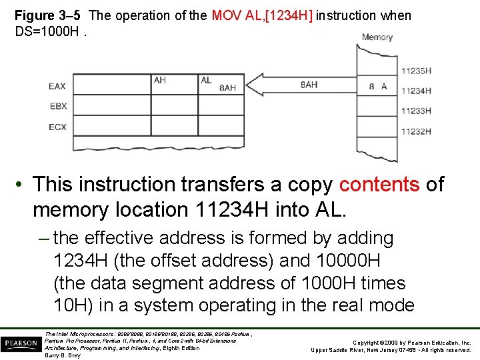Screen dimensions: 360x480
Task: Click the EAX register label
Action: [x=57, y=87]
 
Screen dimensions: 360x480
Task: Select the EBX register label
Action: [x=57, y=107]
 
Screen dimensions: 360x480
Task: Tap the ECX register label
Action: [x=57, y=127]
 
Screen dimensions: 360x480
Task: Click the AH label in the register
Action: [x=160, y=80]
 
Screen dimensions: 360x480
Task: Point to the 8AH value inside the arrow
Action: [x=309, y=85]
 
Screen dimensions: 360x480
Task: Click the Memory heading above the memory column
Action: [x=377, y=37]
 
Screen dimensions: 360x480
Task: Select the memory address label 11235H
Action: [x=415, y=71]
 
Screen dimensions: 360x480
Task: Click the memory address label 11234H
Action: [x=415, y=91]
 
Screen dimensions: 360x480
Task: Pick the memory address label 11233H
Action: [x=415, y=111]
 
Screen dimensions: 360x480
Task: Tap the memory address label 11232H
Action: [x=415, y=131]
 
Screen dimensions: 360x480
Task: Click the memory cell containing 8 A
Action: [x=378, y=87]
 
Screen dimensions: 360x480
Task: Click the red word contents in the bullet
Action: [x=380, y=184]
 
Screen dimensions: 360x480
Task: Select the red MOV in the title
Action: [x=227, y=15]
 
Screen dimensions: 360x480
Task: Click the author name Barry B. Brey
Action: [x=63, y=355]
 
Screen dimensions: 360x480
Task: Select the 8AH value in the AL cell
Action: [x=227, y=88]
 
